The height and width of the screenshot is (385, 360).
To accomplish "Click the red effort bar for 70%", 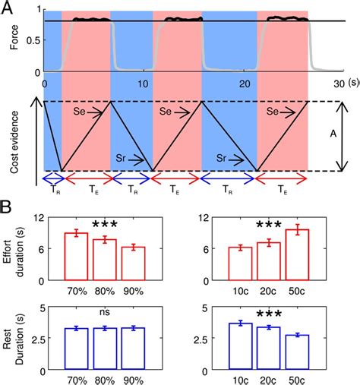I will [76, 251].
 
